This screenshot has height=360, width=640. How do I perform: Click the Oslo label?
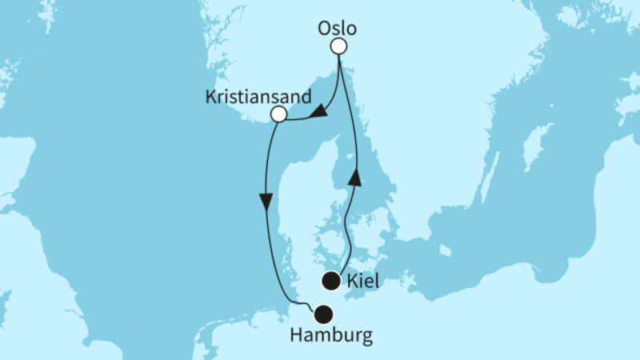point(337,28)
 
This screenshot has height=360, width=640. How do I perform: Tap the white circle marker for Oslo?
point(339,46)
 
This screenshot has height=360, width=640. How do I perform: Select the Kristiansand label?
point(258,97)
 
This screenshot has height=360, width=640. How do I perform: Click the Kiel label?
point(365,281)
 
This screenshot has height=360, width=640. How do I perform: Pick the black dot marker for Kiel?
point(331,281)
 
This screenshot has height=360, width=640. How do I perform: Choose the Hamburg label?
point(332,336)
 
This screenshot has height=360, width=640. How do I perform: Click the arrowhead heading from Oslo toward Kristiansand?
point(318,116)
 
